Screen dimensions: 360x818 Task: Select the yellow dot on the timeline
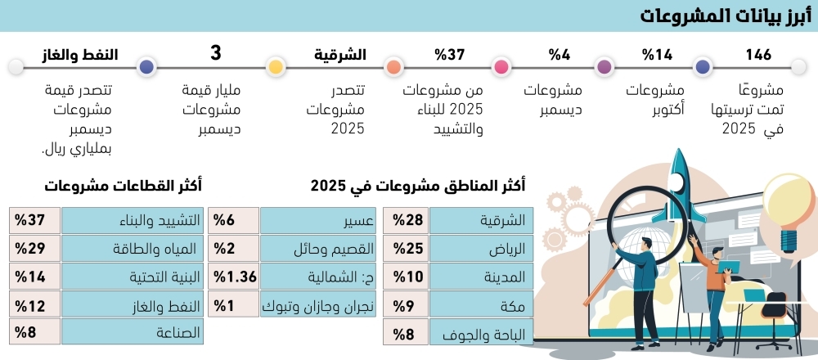[x=276, y=67]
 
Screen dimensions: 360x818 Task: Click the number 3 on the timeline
[x=216, y=54]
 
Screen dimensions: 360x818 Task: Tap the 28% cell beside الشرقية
[x=407, y=219]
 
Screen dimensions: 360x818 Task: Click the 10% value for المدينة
[x=407, y=277]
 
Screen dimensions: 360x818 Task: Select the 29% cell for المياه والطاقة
[x=34, y=248]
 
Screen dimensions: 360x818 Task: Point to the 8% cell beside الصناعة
[x=34, y=333]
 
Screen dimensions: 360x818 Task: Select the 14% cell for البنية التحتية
[x=34, y=277]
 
